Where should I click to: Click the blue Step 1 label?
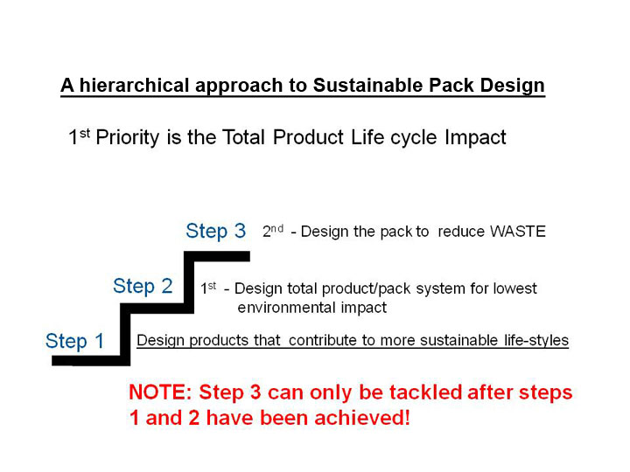coord(75,341)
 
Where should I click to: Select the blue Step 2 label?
coord(143,286)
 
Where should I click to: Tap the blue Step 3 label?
coord(216,231)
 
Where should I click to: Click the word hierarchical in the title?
coord(134,85)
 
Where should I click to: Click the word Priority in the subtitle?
coord(128,138)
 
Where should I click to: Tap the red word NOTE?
coord(160,392)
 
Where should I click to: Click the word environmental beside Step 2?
coord(286,308)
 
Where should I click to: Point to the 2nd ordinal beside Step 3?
coord(273,231)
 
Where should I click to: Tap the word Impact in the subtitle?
coord(475,138)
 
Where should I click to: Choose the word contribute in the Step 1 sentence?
coord(323,340)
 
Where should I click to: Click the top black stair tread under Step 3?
coord(217,256)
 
